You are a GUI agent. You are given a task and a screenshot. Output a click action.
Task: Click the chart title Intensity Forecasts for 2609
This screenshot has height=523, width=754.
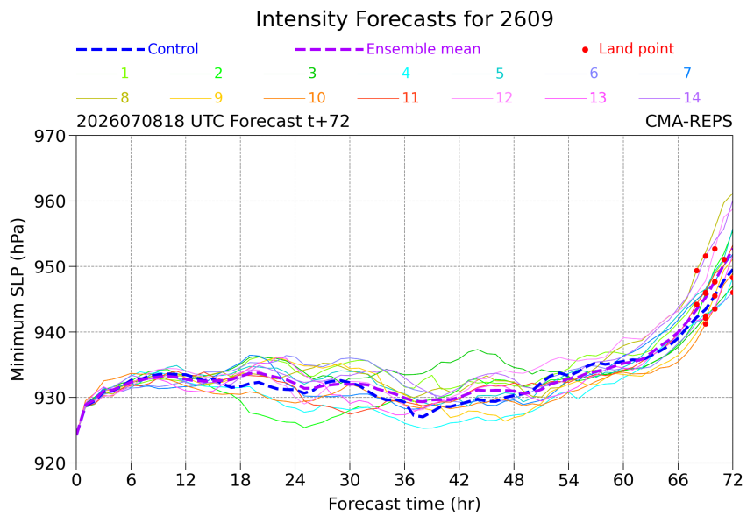pos(404,19)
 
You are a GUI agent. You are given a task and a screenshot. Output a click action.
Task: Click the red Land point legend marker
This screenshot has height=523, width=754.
pos(585,49)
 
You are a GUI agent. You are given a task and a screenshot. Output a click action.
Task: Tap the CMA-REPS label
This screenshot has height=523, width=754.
pos(688,121)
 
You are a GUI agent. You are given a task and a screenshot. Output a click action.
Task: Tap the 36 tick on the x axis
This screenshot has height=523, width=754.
pos(404,480)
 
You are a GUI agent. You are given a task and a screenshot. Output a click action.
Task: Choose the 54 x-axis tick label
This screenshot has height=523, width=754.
pos(568,480)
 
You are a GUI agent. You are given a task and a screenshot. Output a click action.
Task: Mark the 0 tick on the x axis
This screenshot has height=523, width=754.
pos(76,480)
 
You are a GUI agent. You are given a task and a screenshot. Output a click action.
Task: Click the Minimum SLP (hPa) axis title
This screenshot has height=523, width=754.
pos(18,300)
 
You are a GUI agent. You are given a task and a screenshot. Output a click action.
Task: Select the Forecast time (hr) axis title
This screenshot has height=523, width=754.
pos(404,504)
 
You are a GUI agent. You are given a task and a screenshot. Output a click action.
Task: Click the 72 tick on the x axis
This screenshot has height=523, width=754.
pos(733,480)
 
